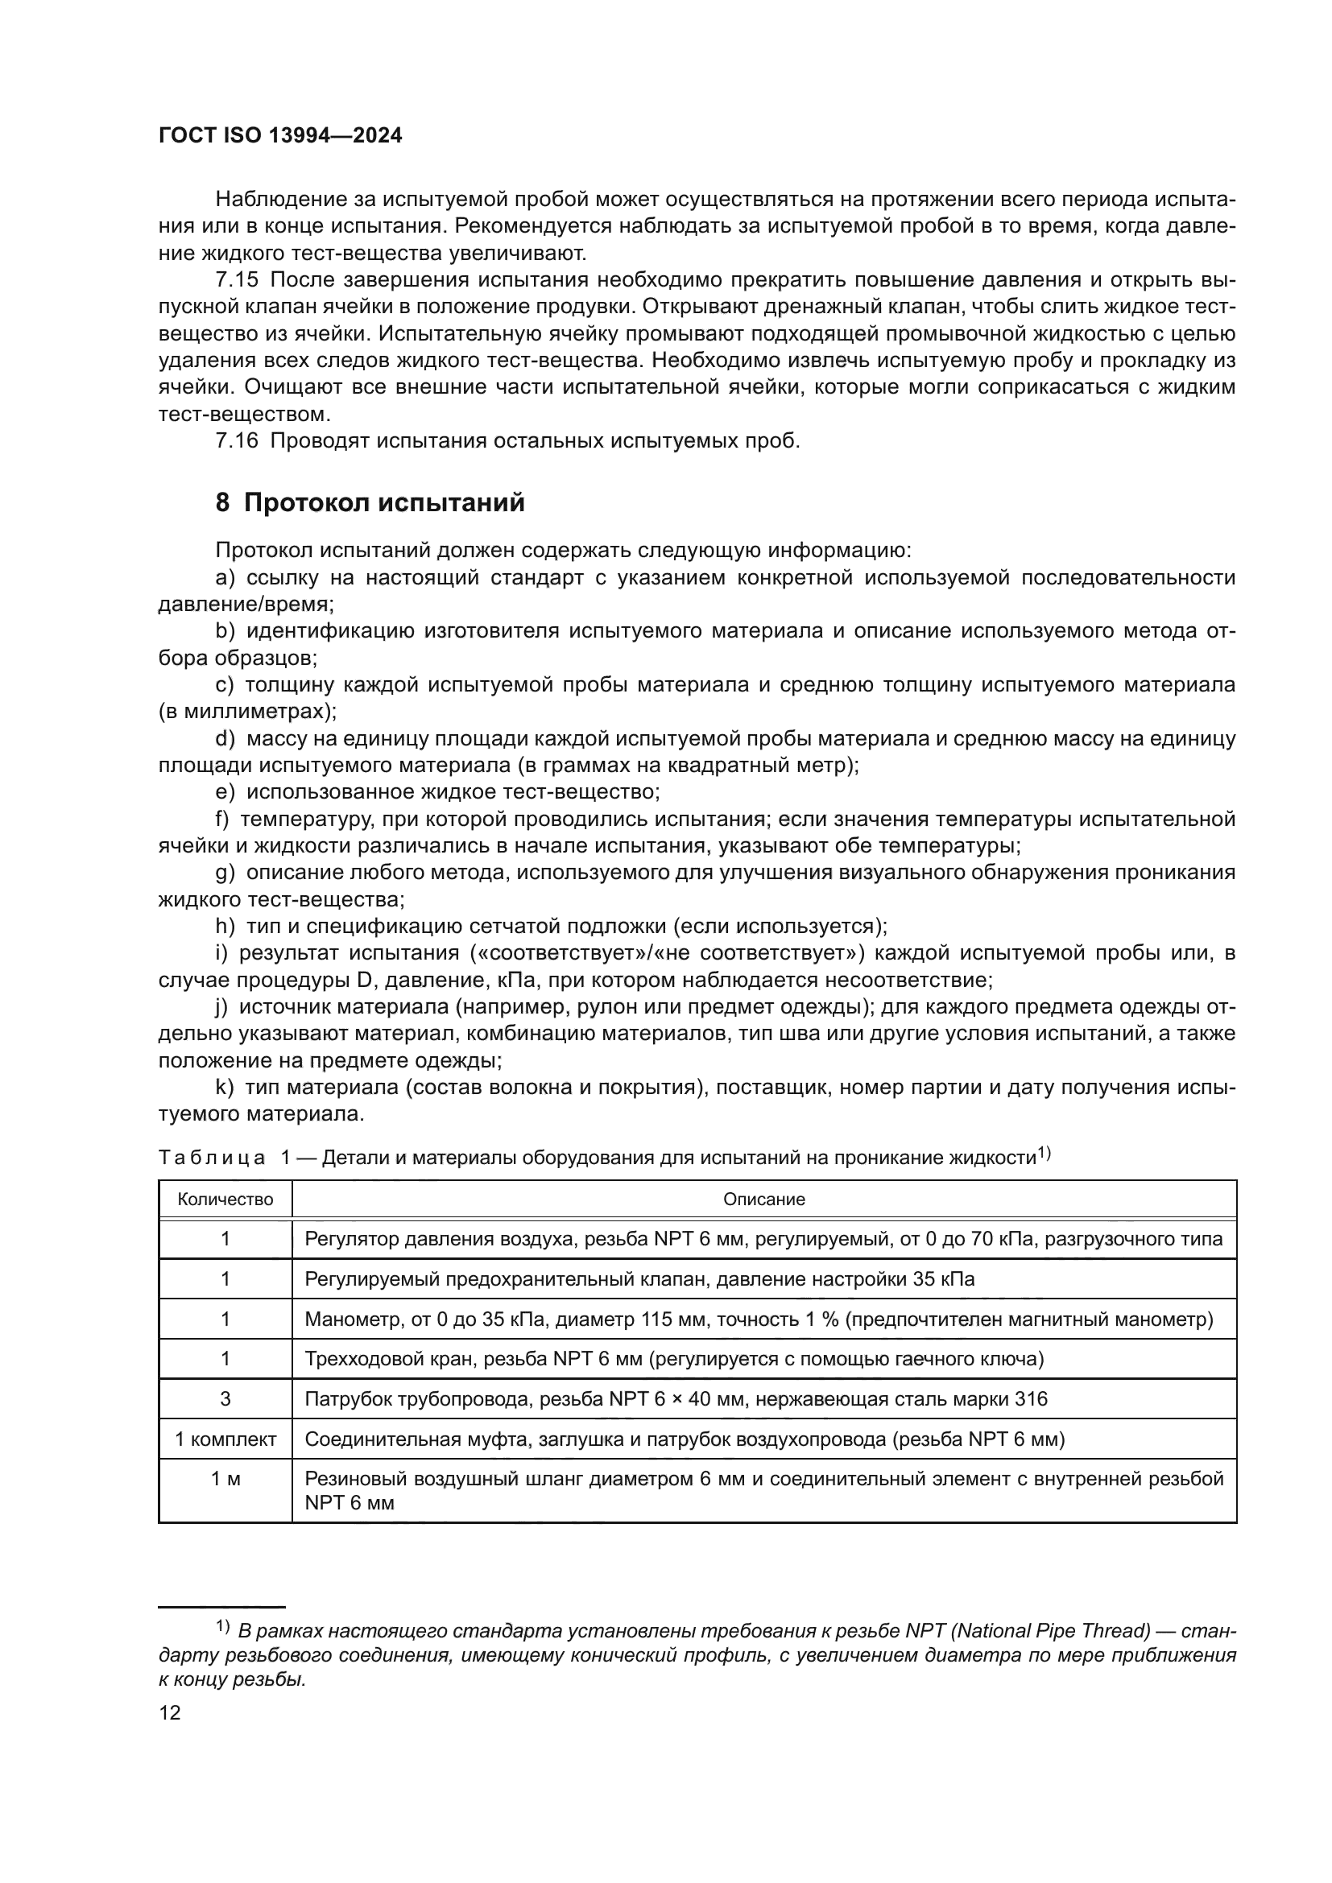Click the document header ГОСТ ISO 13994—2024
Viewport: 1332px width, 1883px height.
(279, 136)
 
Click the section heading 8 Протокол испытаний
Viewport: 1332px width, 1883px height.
(370, 502)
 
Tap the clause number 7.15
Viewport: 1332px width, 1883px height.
(236, 280)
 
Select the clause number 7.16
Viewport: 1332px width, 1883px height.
(236, 441)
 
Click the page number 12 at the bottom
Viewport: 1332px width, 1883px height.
(170, 1712)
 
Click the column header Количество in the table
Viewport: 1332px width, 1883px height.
(225, 1199)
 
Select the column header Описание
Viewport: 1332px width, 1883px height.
(763, 1199)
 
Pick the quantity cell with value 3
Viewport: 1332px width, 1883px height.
(225, 1399)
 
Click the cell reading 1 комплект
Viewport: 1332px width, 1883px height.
(225, 1439)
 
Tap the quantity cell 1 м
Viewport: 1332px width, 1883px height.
(225, 1479)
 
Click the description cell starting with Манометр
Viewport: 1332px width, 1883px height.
(758, 1319)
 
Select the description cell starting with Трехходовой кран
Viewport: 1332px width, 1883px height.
(673, 1359)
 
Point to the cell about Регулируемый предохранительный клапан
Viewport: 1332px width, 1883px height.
(639, 1279)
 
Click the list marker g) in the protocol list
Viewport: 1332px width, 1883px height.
(225, 873)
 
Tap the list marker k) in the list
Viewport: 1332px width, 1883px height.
(225, 1088)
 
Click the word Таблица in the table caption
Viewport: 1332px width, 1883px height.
(212, 1158)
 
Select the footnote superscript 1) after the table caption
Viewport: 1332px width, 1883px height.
(1045, 1153)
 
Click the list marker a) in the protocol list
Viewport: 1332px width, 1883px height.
(225, 578)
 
